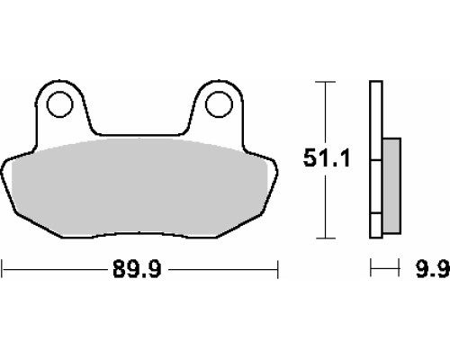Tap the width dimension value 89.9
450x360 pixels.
tap(137, 269)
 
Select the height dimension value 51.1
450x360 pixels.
tap(327, 157)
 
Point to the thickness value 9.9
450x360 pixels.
tap(433, 268)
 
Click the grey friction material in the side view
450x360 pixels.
tap(391, 185)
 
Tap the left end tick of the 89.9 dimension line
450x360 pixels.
tap(3, 269)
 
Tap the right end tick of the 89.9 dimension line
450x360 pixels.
tap(278, 269)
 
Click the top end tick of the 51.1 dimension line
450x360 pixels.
tap(326, 82)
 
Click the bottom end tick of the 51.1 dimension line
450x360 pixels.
tap(326, 238)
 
